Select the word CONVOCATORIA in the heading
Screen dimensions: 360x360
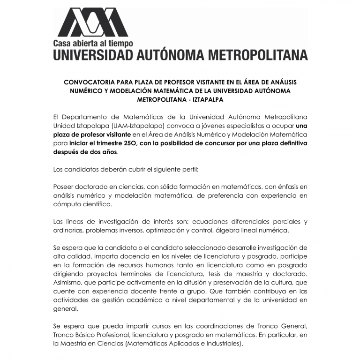click(x=90, y=82)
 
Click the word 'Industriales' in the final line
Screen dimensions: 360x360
click(x=222, y=344)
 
